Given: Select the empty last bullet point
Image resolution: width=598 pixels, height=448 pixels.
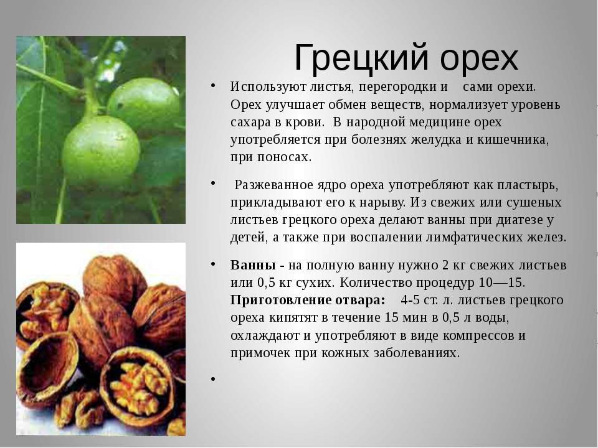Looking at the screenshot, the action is click(213, 379).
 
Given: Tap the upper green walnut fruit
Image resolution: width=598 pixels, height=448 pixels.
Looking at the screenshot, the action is click(144, 104).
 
